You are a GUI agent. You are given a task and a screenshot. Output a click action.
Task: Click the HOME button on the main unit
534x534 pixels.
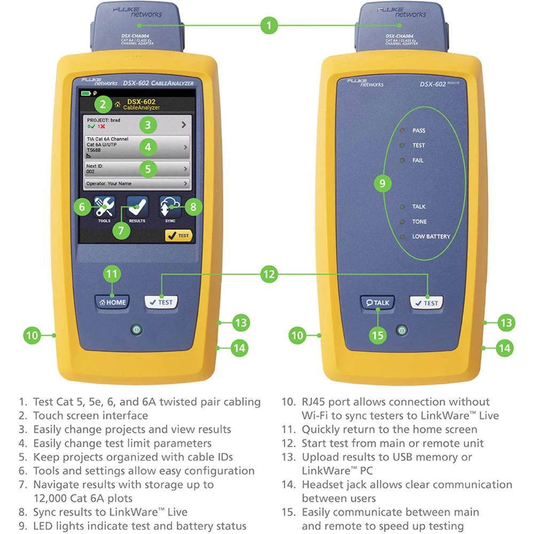tap(112, 302)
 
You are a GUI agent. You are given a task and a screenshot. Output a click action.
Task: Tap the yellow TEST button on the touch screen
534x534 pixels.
tap(178, 235)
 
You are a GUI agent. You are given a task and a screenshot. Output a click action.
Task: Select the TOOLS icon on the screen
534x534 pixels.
tap(104, 207)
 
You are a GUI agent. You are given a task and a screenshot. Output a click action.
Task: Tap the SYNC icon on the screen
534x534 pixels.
tap(170, 207)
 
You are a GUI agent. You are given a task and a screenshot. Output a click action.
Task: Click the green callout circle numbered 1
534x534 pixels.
tap(269, 25)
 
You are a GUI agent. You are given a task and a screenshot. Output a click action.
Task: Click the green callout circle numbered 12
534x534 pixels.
tap(269, 274)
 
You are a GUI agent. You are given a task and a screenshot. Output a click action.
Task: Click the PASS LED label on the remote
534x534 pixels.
tap(419, 130)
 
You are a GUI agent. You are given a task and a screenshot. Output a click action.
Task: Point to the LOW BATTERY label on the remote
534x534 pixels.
tap(430, 236)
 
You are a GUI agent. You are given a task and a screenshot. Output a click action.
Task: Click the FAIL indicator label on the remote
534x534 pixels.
tap(418, 160)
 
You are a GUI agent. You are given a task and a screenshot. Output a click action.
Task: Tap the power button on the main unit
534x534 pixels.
tap(137, 330)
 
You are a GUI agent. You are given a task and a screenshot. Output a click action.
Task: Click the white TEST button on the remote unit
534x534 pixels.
tap(426, 303)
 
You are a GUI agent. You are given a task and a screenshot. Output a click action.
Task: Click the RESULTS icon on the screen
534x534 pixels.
tap(137, 208)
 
